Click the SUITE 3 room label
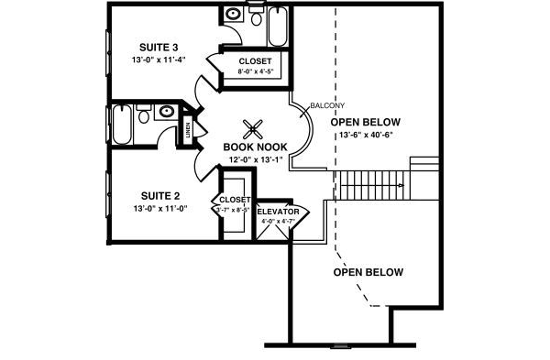159,47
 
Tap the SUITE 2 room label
159,195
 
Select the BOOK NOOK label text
256,147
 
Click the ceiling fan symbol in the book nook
256,128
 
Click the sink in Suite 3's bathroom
234,15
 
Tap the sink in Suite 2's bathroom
166,112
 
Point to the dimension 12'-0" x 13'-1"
256,158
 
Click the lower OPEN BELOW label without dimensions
368,272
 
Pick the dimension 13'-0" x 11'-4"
159,60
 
